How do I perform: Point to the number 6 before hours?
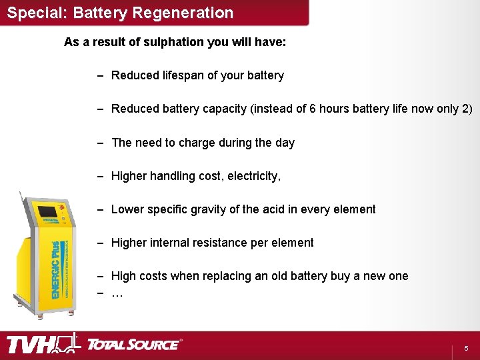click(x=313, y=109)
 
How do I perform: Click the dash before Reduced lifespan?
click(x=99, y=75)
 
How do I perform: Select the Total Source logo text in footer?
click(x=133, y=345)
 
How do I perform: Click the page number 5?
click(x=466, y=349)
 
